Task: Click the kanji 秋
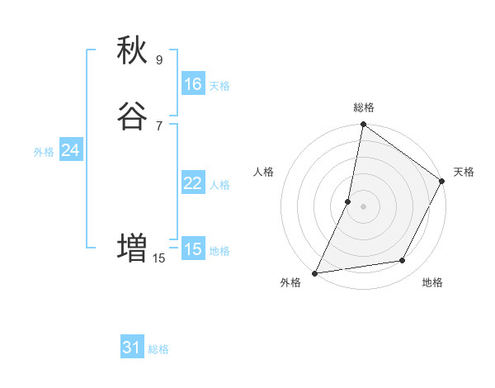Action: pyautogui.click(x=133, y=50)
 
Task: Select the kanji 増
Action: pyautogui.click(x=133, y=248)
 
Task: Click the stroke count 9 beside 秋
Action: pyautogui.click(x=159, y=59)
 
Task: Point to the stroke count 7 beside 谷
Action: pyautogui.click(x=159, y=125)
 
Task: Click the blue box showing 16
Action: pyautogui.click(x=192, y=84)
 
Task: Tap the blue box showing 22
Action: pyautogui.click(x=192, y=183)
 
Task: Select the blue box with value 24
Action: pyautogui.click(x=70, y=150)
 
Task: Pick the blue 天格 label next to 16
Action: pyautogui.click(x=219, y=86)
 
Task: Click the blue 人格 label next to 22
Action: pyautogui.click(x=219, y=185)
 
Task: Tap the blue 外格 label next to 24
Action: pyautogui.click(x=44, y=152)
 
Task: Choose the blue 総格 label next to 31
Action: pyautogui.click(x=158, y=350)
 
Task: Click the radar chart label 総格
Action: pyautogui.click(x=364, y=107)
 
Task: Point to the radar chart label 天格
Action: pyautogui.click(x=464, y=172)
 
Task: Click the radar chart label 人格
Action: pyautogui.click(x=264, y=172)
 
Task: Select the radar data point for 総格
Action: pyautogui.click(x=363, y=125)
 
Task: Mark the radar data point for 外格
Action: pyautogui.click(x=315, y=272)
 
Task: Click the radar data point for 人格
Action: pyautogui.click(x=348, y=201)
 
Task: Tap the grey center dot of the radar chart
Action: pyautogui.click(x=363, y=206)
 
